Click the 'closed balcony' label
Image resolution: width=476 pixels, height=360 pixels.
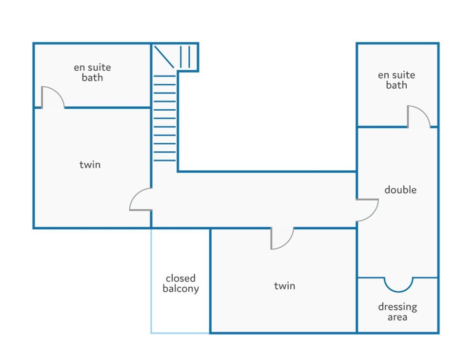pos(180,283)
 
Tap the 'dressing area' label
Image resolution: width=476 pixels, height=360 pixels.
pos(397,312)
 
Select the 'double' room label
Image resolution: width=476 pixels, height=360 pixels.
pos(400,190)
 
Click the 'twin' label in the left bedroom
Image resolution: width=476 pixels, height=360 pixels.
pos(90,164)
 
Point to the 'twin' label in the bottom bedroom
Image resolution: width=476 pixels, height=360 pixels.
pos(284,286)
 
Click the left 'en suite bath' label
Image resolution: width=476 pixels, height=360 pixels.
pos(92,72)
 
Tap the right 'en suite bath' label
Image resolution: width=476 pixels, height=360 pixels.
pos(397,80)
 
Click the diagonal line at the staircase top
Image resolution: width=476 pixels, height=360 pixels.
pos(164,57)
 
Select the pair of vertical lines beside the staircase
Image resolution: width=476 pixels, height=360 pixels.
pos(185,57)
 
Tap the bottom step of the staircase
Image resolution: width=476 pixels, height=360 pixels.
pos(164,160)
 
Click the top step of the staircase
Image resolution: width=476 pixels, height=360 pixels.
pos(164,76)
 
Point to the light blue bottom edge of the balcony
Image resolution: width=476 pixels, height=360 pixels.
pos(180,333)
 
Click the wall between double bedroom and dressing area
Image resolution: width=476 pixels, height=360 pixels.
pos(397,278)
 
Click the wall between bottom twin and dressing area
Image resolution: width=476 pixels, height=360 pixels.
pos(357,305)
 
